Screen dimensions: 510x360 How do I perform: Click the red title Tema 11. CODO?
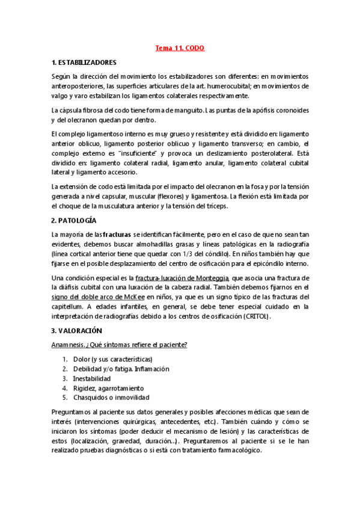tap(180, 48)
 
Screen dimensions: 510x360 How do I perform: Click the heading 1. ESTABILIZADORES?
tap(84, 62)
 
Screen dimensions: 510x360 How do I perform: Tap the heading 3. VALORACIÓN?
tap(78, 330)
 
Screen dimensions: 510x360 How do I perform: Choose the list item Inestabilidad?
tap(92, 378)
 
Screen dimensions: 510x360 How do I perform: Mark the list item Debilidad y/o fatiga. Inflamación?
tap(121, 369)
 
